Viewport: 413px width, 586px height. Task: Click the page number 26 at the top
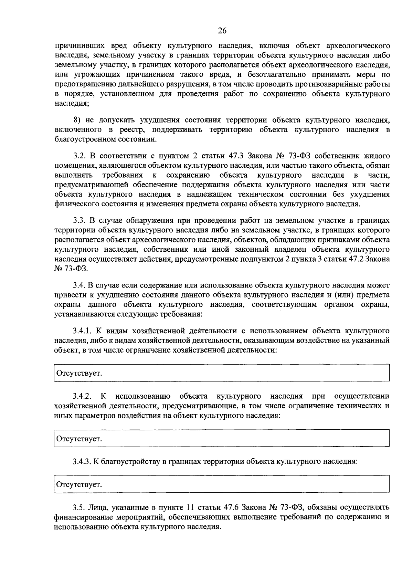[x=222, y=31]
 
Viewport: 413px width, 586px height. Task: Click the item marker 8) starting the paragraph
[x=78, y=120]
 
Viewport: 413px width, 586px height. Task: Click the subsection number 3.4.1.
[x=82, y=331]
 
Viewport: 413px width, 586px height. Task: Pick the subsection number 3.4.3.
[x=82, y=461]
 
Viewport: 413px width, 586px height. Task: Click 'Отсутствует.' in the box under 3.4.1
[x=79, y=373]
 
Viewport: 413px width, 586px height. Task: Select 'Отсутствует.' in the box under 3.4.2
[x=79, y=439]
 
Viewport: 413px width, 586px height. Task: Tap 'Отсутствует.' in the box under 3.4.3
[x=79, y=484]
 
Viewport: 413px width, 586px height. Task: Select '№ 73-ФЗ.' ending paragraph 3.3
[x=69, y=269]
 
